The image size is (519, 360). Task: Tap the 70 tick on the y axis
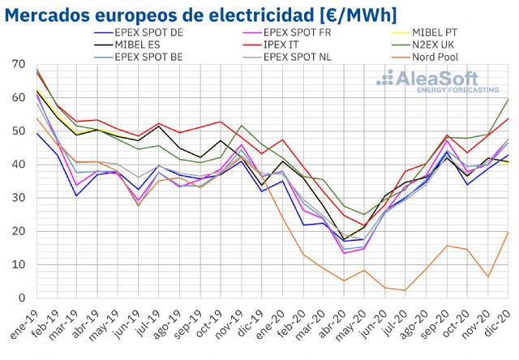[19, 64]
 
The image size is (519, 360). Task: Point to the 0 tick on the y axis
[22, 298]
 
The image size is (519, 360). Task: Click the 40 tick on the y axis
[19, 165]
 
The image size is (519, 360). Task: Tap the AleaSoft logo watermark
[438, 81]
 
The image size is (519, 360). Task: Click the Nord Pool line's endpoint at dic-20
[508, 232]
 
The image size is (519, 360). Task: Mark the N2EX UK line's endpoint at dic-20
[508, 99]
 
